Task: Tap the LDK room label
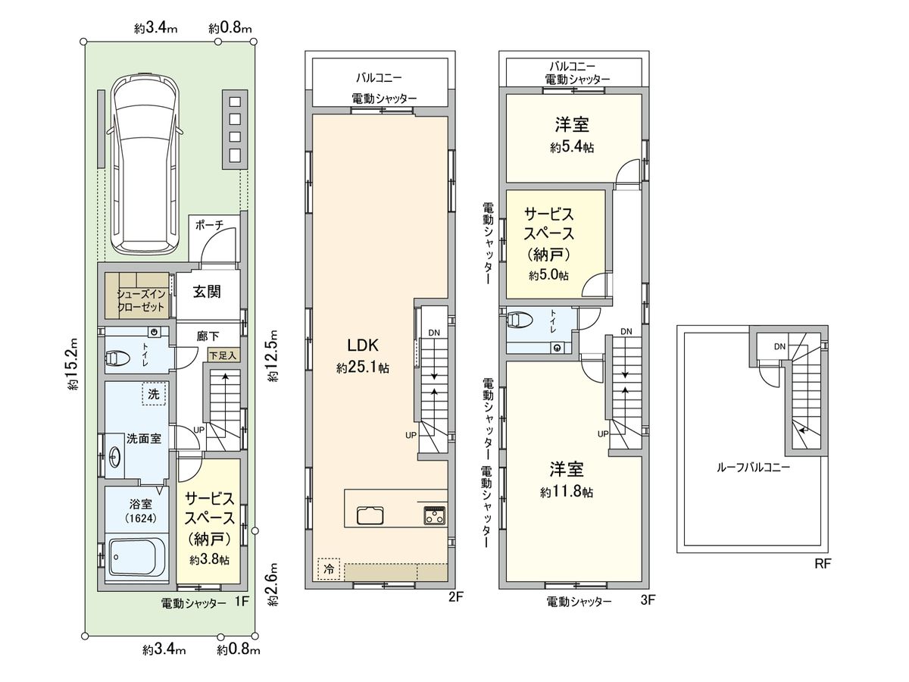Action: [363, 346]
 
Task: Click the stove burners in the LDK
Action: [435, 515]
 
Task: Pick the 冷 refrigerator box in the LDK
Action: [329, 568]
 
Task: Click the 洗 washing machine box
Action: [154, 395]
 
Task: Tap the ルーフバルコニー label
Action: [753, 468]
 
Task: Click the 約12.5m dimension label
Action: [273, 356]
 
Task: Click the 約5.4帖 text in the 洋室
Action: [572, 149]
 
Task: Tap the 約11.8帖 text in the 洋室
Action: [567, 492]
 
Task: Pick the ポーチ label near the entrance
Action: [208, 224]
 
